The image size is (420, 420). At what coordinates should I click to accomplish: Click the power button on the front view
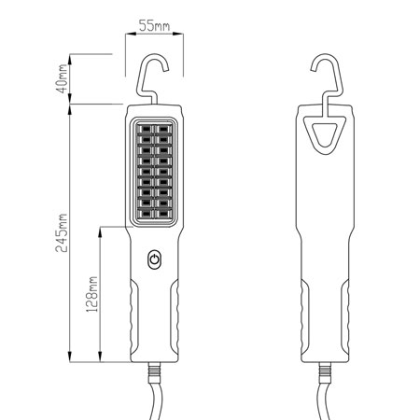(154, 259)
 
